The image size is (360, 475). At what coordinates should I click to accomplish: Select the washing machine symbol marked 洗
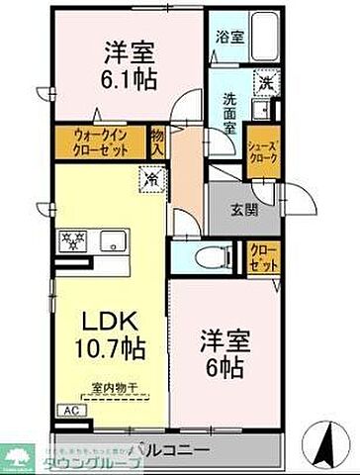pos(263,85)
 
